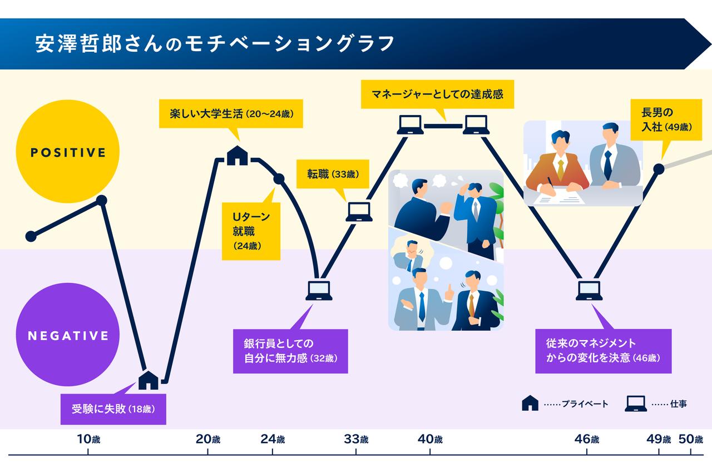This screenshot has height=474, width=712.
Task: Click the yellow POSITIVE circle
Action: (x=68, y=152)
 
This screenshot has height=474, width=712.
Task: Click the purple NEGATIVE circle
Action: (x=68, y=336)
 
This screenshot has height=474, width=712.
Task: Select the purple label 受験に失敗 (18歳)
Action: (x=113, y=410)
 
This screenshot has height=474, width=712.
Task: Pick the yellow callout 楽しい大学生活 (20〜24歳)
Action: (x=231, y=114)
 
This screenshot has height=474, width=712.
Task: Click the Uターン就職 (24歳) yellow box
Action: (x=250, y=230)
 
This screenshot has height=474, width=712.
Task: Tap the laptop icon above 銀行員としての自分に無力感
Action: (x=319, y=290)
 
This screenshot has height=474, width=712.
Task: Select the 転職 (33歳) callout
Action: (x=332, y=174)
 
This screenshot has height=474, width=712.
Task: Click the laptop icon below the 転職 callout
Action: (x=359, y=212)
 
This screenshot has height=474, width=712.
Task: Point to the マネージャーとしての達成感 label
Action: (x=437, y=94)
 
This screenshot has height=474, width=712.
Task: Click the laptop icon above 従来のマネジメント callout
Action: (x=589, y=290)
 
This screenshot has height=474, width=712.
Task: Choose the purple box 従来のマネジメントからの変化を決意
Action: (x=603, y=351)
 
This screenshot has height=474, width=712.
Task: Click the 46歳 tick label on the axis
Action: (x=587, y=439)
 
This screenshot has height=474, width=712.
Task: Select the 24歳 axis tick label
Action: (x=273, y=439)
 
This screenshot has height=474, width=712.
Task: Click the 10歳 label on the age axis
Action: (x=88, y=439)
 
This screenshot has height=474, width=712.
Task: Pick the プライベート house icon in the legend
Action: (x=530, y=403)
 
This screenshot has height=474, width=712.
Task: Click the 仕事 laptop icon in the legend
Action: (x=635, y=403)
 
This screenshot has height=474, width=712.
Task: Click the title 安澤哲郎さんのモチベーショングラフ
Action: (x=215, y=43)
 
